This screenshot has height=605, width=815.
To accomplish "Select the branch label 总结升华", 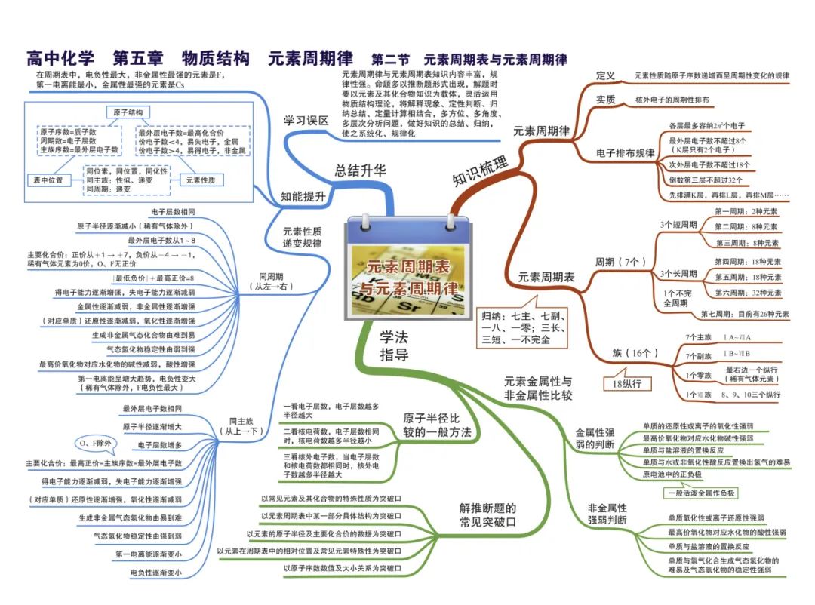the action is point(360,171).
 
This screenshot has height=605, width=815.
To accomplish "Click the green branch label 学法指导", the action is point(394,346).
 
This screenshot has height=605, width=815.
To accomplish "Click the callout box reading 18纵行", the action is point(627,384).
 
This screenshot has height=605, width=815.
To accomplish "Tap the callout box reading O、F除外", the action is point(95,443).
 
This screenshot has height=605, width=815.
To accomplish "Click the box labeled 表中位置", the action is point(48,180).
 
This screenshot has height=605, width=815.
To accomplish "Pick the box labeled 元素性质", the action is point(201,180).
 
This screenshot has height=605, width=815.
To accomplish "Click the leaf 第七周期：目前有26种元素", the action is point(744,314).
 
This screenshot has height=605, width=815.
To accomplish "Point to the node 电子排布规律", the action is point(626,153).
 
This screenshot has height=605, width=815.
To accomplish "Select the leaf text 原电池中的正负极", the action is point(672,474).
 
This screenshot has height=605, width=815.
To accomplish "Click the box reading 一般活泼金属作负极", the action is point(701,493).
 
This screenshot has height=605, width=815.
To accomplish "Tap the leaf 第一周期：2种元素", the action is point(746,212).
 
